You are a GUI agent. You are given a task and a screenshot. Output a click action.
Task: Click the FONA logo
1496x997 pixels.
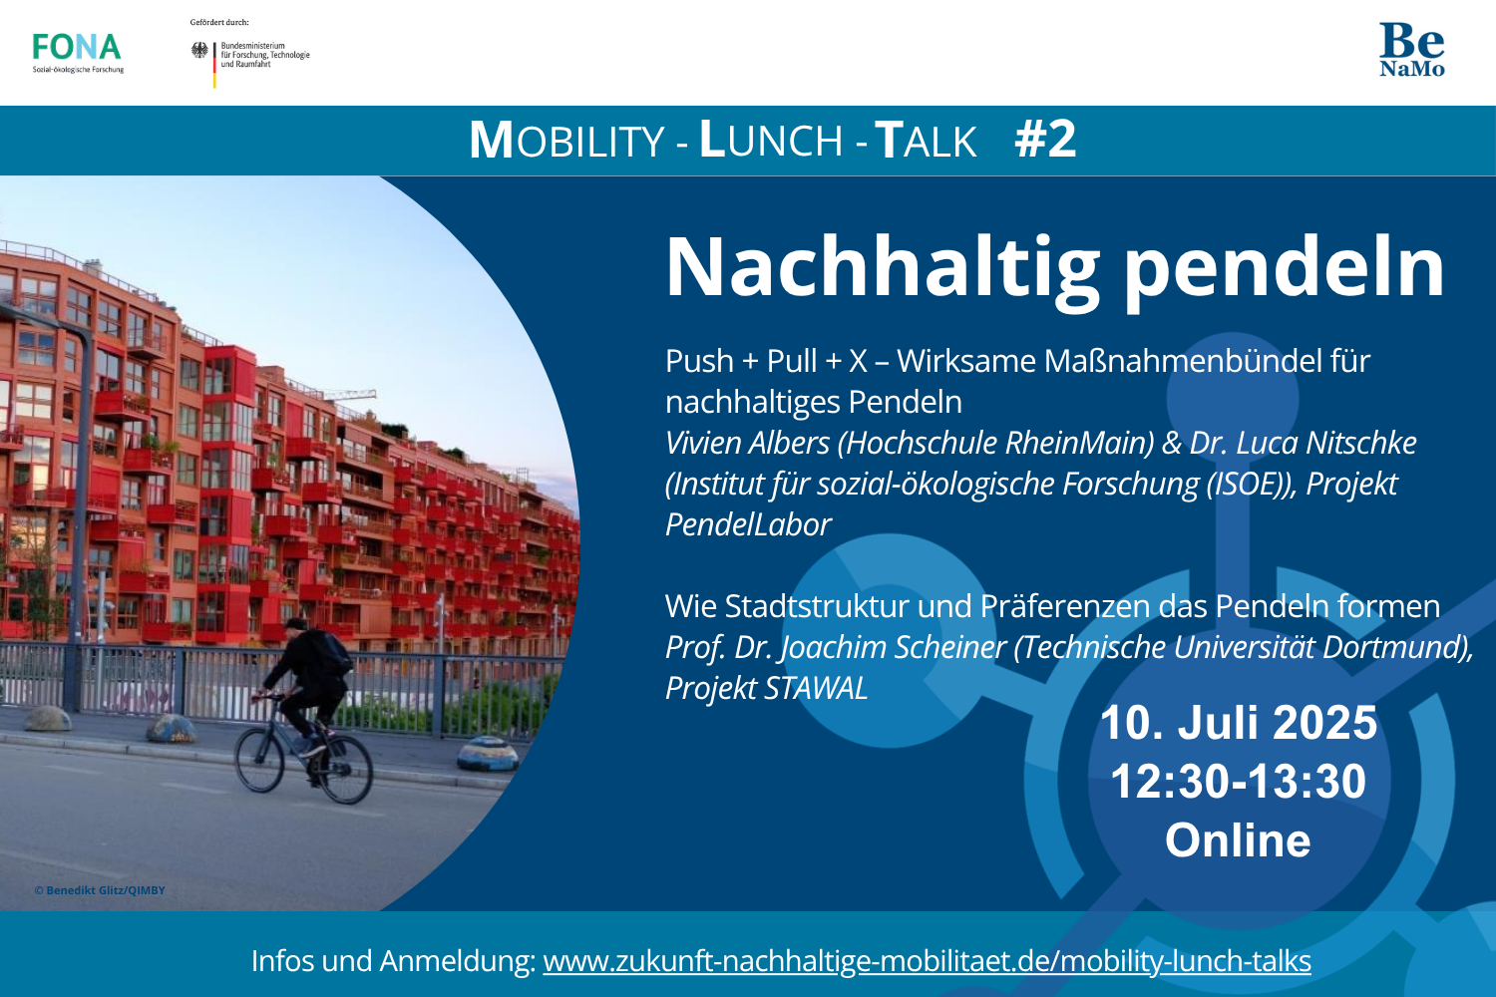tap(78, 53)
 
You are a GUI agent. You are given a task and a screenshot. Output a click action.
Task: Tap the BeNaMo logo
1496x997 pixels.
tap(1412, 50)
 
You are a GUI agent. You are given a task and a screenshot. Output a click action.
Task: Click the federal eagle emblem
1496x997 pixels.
tap(199, 50)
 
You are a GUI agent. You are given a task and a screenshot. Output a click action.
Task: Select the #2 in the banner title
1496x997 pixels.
tap(1045, 140)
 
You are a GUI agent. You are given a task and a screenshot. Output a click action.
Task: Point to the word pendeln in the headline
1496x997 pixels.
tap(1285, 270)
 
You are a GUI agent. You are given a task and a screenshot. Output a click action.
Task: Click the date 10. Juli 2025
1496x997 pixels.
tap(1239, 723)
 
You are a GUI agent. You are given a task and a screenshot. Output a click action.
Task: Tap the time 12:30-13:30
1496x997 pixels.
tap(1239, 781)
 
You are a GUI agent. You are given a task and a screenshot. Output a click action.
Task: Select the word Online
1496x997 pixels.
tap(1238, 839)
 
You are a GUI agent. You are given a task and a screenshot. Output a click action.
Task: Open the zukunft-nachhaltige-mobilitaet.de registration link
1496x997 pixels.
tap(927, 962)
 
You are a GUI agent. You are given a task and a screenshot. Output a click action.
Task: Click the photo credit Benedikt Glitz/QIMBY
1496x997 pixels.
tap(100, 890)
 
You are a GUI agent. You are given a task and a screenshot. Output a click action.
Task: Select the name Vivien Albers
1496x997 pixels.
tap(747, 443)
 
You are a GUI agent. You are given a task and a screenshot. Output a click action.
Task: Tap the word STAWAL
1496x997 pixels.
tap(816, 688)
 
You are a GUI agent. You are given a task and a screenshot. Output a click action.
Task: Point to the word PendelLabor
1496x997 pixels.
tap(748, 524)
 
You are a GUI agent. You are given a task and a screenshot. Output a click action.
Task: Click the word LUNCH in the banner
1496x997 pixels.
tap(771, 140)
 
